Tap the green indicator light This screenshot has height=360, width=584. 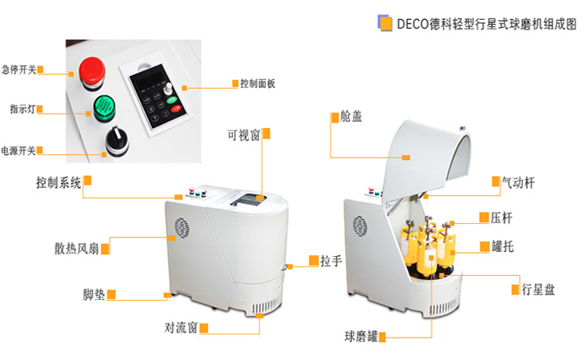tap(104, 108)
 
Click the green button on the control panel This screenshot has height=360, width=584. tap(172, 100)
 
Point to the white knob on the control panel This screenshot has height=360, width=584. tap(168, 89)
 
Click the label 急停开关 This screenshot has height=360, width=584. tap(18, 70)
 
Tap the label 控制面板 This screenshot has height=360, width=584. tap(258, 84)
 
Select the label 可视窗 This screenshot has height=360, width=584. tap(243, 135)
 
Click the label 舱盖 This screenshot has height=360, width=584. tap(351, 117)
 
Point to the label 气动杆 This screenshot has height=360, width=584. tap(518, 182)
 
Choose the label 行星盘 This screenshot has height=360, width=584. tap(538, 290)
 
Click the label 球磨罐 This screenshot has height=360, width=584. tap(362, 337)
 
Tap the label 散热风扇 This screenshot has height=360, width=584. tap(77, 248)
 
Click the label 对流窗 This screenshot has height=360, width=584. tap(181, 328)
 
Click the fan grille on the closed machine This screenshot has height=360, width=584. tap(182, 227)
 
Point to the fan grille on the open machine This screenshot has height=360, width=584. tap(360, 226)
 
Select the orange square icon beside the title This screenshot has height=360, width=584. tap(386, 23)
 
